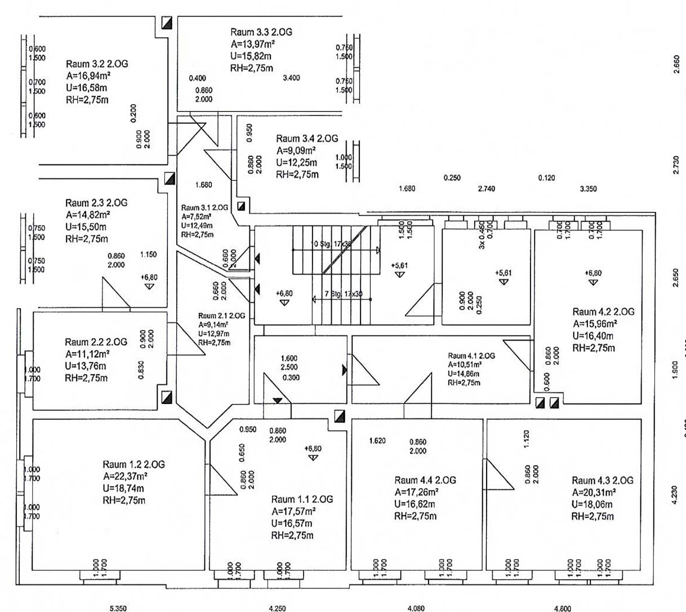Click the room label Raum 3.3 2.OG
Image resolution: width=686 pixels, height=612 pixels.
(x=261, y=32)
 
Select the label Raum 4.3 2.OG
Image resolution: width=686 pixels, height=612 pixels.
(x=602, y=480)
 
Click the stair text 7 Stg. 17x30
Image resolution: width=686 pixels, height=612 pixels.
(x=344, y=294)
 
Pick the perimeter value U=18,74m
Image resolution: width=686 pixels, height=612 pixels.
(x=123, y=488)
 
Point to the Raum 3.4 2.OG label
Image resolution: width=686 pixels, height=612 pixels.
(x=307, y=139)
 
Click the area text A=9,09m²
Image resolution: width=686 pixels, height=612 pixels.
(x=296, y=150)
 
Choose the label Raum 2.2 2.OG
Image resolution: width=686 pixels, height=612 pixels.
(x=96, y=342)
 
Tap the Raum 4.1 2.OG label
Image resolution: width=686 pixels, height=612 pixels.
(x=471, y=356)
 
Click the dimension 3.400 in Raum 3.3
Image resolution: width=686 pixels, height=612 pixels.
(x=291, y=78)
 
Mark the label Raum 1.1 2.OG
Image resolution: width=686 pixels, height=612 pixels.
(x=302, y=499)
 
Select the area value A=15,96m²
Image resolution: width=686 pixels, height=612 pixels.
(x=595, y=324)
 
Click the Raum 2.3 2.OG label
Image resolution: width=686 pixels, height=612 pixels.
(x=96, y=203)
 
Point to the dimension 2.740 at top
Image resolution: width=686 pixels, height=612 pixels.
(x=486, y=189)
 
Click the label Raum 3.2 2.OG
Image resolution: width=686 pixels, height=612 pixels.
(x=97, y=64)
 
